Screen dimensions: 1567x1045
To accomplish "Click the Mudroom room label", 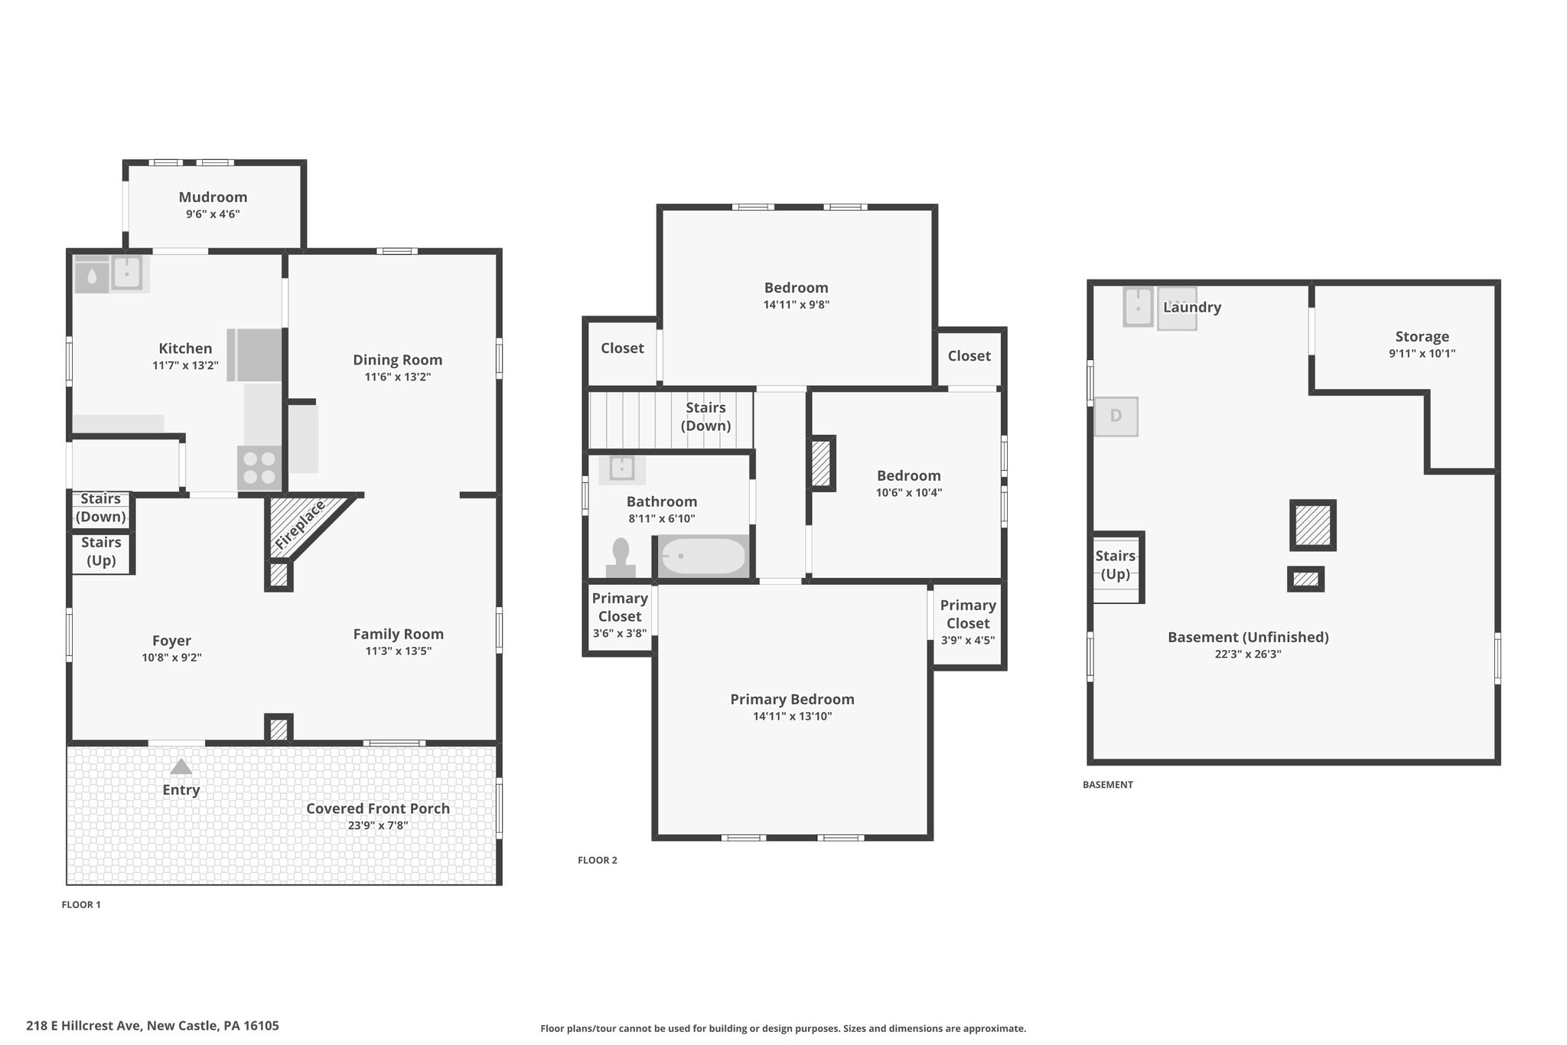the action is point(213,197).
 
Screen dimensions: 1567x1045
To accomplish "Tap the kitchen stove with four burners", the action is point(259,468).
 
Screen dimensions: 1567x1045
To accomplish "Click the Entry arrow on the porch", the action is point(181,766).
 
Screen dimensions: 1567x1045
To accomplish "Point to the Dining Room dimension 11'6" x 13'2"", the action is point(397,377).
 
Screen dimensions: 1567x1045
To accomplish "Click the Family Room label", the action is point(398,634).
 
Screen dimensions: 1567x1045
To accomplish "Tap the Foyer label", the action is point(171,641).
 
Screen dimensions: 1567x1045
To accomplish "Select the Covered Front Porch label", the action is point(378,808).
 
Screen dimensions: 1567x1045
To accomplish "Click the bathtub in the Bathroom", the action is point(702,557).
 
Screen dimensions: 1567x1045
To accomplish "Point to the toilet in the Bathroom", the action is point(621,557).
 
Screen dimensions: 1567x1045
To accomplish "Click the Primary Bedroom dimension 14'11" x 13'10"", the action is point(792,717).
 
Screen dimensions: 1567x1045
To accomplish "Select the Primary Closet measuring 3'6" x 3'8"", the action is point(620,616).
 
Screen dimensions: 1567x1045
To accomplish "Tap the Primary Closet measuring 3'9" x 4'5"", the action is point(968,623).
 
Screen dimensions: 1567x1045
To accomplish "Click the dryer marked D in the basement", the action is point(1116,416).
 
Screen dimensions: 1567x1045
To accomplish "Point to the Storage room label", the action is point(1422,336).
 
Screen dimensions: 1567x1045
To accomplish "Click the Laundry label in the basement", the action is point(1191,307).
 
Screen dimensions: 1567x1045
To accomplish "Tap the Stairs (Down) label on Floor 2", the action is point(705,416).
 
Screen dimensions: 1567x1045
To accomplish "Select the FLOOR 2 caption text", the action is point(598,860).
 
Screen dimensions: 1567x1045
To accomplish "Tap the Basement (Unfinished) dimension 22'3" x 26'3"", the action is point(1248,655).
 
